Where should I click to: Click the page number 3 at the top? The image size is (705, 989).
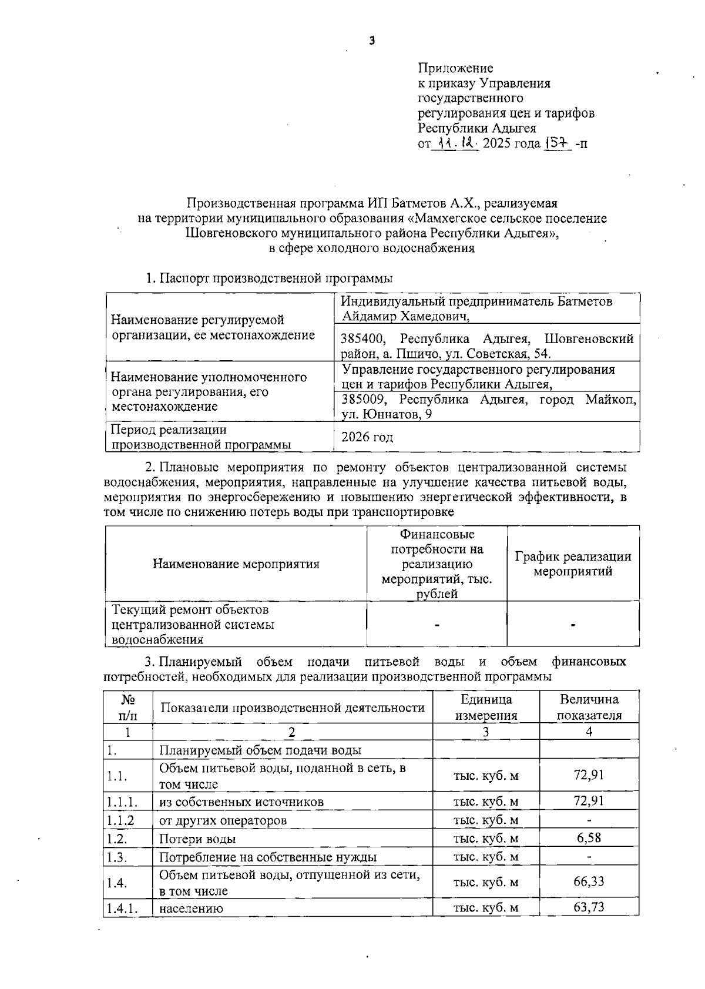point(371,41)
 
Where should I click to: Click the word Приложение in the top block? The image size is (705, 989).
point(455,68)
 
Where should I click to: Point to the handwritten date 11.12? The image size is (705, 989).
point(457,143)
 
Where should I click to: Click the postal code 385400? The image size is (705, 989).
point(363,339)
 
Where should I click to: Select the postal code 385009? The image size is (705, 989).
point(363,400)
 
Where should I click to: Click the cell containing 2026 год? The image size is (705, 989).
point(368,437)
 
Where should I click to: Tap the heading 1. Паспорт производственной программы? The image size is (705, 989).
point(269,278)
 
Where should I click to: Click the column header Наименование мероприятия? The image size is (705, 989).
point(236,564)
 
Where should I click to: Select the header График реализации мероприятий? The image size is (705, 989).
point(573,564)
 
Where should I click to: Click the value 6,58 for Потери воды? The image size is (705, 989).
point(589,838)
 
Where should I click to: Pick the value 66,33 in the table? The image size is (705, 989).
point(589,881)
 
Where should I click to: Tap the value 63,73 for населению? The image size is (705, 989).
point(589,907)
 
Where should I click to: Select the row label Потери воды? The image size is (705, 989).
point(198,839)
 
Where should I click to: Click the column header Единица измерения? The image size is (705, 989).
point(486,707)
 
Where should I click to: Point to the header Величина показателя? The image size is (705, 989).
point(589,707)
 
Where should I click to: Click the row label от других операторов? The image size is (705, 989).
point(223,820)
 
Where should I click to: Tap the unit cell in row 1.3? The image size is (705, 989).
point(486,857)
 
